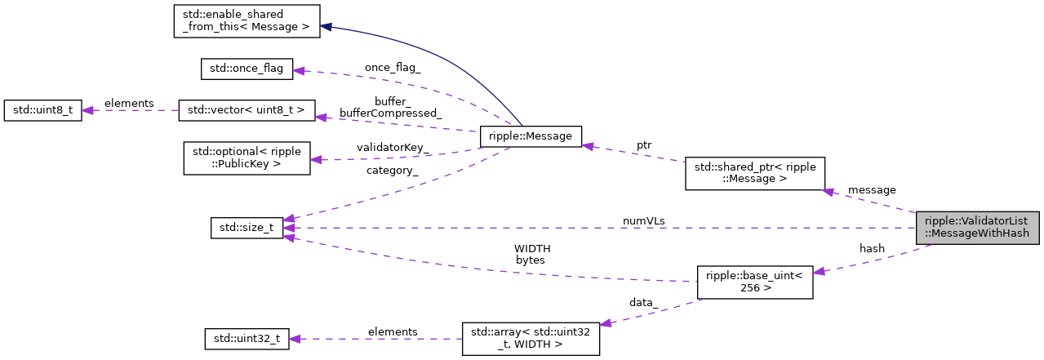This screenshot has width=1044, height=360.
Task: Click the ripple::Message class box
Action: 531,136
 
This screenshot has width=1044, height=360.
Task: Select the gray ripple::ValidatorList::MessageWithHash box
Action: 976,227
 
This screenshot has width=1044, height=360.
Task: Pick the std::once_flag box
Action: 247,69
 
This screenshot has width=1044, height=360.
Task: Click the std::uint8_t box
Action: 42,110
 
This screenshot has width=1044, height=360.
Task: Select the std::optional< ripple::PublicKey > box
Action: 247,158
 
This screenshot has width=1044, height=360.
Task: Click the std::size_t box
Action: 247,228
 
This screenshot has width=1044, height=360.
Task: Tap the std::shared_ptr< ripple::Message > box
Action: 754,174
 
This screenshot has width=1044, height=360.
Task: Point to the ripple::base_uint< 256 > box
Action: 753,281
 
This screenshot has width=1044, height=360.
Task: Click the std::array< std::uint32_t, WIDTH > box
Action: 531,339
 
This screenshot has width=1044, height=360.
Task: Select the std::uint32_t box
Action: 247,339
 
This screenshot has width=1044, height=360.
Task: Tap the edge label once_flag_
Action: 393,68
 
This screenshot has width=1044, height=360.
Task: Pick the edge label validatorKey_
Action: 393,148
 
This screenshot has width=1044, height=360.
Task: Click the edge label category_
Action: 393,171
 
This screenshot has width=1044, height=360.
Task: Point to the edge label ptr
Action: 644,144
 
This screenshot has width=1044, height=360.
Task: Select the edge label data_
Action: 643,302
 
